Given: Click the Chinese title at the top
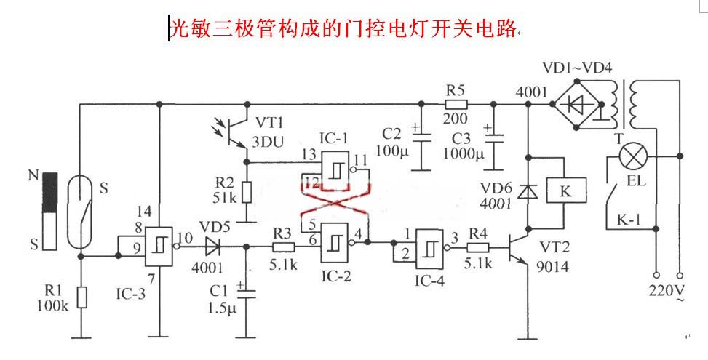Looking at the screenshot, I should pos(343,28).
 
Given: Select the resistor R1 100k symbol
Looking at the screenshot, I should pos(81,297).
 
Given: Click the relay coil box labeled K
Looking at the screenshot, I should pos(565,191).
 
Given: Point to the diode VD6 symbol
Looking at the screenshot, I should pos(525,192).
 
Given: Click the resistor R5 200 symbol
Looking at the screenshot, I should pos(456,105).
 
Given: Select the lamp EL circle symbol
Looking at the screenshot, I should pos(632,156).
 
